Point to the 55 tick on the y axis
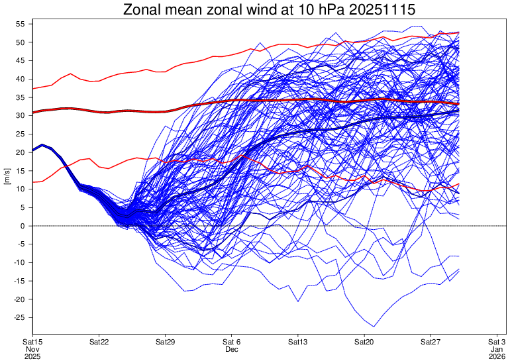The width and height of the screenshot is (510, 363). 21,24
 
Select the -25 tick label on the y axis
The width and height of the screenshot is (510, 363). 19,317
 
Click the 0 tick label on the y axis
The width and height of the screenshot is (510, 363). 23,226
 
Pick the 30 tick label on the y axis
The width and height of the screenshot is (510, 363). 21,115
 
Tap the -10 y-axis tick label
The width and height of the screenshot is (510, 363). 19,262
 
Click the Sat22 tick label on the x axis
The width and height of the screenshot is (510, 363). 99,342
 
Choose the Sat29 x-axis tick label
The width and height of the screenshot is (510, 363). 165,342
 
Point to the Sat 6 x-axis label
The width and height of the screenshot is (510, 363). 231,342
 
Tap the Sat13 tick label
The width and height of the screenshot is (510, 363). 298,342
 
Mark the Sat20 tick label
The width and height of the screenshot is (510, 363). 364,342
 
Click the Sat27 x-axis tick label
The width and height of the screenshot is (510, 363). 431,342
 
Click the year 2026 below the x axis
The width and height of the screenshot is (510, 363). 497,356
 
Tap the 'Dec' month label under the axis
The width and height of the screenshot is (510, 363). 231,349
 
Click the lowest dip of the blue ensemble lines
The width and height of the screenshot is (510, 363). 374,327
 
